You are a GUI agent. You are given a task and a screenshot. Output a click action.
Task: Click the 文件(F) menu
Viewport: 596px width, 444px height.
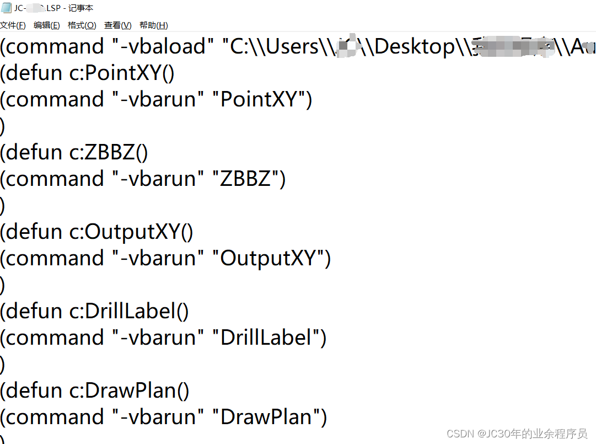pos(13,25)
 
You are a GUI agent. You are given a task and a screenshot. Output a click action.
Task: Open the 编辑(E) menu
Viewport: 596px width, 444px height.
pos(47,25)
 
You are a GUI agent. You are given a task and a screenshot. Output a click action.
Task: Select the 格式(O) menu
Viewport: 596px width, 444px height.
pos(82,25)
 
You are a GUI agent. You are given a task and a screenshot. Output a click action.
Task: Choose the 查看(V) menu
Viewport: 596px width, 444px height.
pos(117,25)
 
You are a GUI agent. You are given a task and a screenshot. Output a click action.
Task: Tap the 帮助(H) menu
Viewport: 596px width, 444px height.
pos(153,25)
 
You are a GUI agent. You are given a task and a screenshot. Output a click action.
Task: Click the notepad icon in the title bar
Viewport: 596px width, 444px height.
pos(6,8)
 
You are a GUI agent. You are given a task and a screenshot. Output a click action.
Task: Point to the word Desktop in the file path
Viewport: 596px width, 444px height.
pos(414,47)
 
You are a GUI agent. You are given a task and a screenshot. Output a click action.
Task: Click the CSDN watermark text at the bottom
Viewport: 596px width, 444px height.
pos(517,434)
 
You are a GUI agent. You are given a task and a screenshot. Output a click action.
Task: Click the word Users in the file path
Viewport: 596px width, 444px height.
pos(293,47)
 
